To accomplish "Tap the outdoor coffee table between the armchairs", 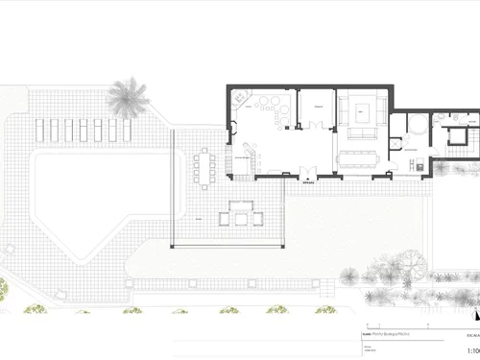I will pos(241,217).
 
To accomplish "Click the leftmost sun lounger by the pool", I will pos(40,130).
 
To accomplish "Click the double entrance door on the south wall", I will pos(306,173).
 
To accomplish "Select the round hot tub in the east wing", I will pos(417,126).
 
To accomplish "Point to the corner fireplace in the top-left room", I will pos(238,96).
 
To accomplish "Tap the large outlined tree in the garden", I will pos(411,261).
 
